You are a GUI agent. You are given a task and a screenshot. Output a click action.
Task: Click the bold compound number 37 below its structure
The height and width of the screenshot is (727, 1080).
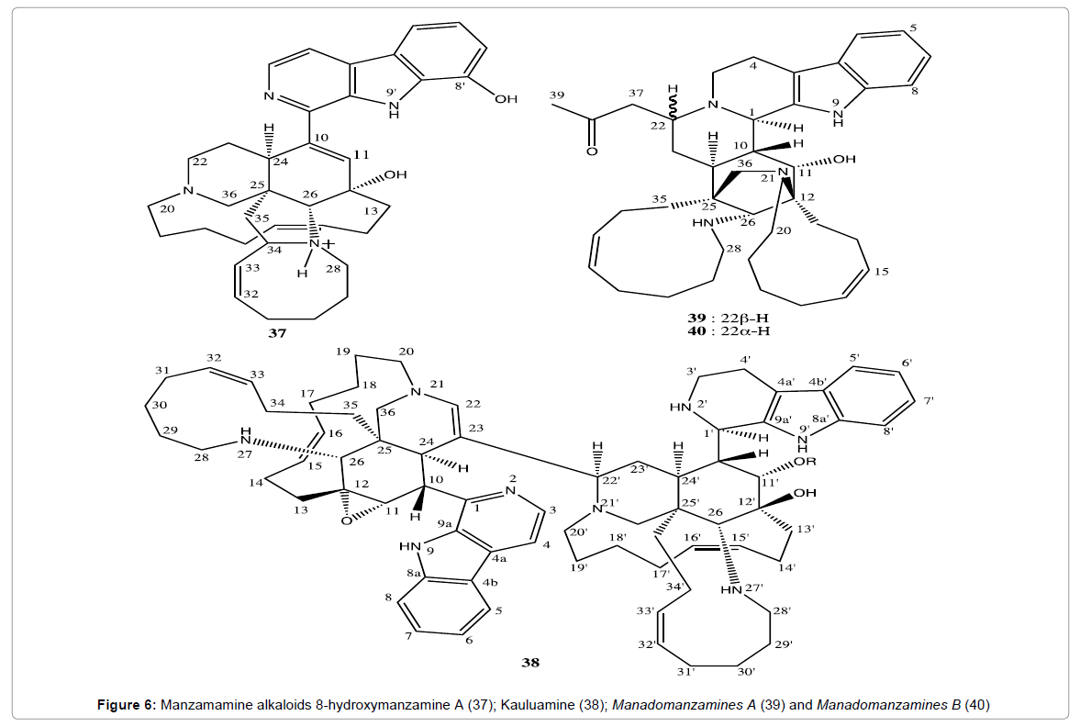[x=277, y=333]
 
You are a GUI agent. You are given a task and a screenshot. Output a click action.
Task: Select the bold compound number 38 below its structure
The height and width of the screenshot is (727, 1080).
[x=530, y=663]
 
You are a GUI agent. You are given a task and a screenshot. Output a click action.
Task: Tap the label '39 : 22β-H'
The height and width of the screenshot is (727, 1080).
[x=728, y=319]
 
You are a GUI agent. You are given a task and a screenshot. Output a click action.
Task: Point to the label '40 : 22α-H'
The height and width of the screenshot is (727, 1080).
[x=728, y=330]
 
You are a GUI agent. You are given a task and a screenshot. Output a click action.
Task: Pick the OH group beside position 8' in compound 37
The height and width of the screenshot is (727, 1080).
[x=506, y=99]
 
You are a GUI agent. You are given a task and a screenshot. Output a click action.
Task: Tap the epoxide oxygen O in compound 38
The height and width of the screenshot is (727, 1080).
[x=346, y=521]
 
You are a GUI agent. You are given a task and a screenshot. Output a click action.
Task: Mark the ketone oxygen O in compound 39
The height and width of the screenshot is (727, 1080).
[x=592, y=150]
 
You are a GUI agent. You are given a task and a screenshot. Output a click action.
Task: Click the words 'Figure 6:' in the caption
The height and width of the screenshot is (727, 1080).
[x=127, y=705]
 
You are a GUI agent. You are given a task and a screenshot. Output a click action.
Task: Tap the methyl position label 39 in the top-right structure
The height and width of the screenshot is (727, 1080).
[x=556, y=95]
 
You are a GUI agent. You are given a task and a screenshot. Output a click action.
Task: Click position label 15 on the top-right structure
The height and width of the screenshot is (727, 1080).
[x=882, y=272]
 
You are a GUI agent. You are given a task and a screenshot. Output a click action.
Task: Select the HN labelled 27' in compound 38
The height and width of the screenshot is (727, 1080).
[x=742, y=589]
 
